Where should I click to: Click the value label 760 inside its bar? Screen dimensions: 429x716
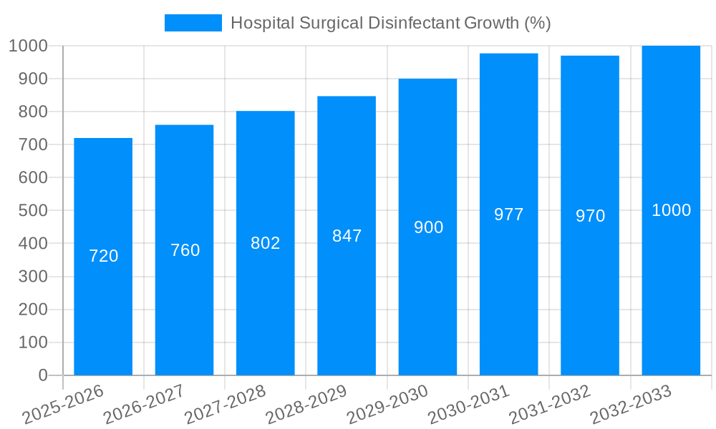coord(185,250)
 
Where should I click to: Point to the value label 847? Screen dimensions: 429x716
coord(347,236)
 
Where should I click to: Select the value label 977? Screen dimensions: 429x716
coord(509,214)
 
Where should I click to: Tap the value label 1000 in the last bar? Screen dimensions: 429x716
coord(671,210)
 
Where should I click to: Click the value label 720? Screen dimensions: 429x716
coord(103,256)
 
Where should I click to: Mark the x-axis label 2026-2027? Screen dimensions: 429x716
coord(144,405)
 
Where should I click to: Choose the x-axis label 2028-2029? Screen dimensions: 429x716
coord(306,405)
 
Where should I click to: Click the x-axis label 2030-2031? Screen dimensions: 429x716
coord(469,405)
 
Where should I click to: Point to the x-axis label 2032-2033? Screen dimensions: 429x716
coord(631,405)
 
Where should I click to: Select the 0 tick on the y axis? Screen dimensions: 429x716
coord(42,375)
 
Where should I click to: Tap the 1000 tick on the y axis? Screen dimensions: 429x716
coord(28,46)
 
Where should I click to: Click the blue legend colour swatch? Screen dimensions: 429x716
coord(193,23)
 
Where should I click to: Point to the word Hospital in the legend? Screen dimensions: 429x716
coord(261,23)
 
